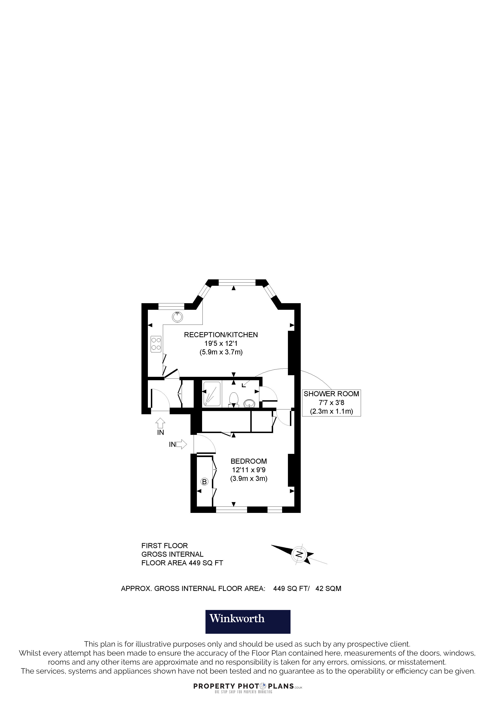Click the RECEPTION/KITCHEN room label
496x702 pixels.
[221, 335]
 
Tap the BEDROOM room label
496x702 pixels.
[249, 461]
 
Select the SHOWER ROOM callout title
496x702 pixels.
[331, 394]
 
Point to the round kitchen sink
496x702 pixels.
[177, 317]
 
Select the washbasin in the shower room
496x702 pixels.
[249, 404]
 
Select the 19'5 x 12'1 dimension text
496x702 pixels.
[221, 343]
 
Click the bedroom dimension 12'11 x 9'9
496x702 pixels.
[249, 470]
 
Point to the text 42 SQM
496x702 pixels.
[328, 589]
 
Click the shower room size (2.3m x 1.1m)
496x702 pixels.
[331, 411]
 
